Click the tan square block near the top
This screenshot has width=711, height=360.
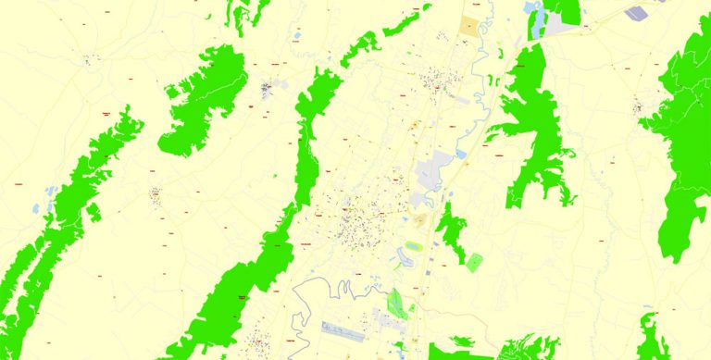pos(471,25)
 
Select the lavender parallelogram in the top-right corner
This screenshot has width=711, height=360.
pos(638,13)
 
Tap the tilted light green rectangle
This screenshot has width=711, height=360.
pos(474,262)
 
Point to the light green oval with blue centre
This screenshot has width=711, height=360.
pos(413,246)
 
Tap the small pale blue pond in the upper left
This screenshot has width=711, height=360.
pos(296,38)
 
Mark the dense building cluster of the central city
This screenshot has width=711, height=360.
pos(356,222)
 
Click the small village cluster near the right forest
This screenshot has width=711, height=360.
pos(639,107)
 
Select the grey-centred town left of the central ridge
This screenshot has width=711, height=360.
pos(267,89)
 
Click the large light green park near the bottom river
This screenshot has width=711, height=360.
pos(397,302)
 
